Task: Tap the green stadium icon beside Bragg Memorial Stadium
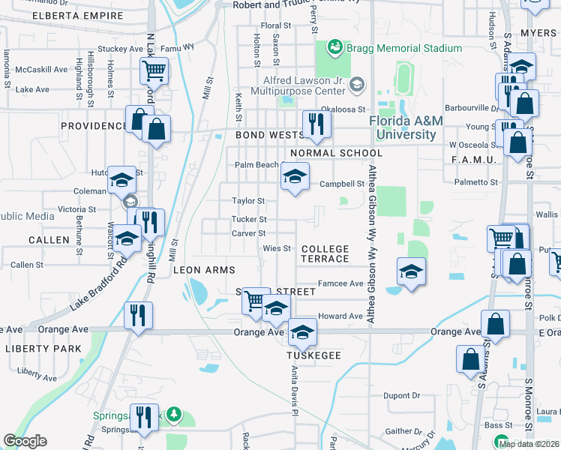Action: click(x=334, y=48)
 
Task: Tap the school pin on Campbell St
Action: click(x=295, y=177)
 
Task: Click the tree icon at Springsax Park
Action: click(x=174, y=414)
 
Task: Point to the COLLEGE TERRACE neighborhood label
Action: click(x=325, y=253)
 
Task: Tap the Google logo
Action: click(x=25, y=441)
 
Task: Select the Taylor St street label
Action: click(x=248, y=201)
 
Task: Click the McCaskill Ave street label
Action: click(x=42, y=70)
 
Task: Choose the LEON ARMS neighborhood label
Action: click(x=205, y=270)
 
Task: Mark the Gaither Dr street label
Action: click(x=403, y=431)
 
